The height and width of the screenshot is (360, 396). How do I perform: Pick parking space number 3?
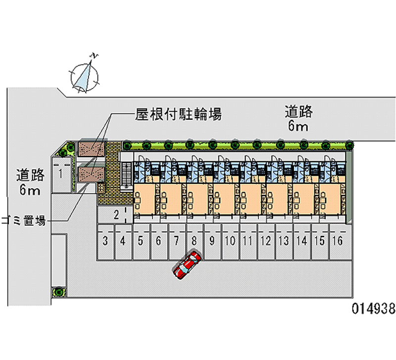tap(105, 242)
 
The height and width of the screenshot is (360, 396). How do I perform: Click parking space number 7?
tap(176, 242)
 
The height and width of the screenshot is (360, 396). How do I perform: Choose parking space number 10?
tap(230, 242)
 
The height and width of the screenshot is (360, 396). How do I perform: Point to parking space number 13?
tap(283, 242)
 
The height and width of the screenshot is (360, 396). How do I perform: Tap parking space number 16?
tap(337, 242)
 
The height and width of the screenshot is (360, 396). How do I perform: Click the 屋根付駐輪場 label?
tap(178, 115)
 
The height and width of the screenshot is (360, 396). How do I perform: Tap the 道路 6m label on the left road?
tap(30, 182)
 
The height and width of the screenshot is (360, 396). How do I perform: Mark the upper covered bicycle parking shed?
tap(91, 149)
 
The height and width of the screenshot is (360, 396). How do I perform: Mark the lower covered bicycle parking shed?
tap(91, 173)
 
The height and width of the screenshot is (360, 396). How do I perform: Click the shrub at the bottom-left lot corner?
tap(59, 292)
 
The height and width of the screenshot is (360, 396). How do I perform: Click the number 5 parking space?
tap(141, 242)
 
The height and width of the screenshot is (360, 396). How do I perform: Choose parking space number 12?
tap(265, 242)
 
